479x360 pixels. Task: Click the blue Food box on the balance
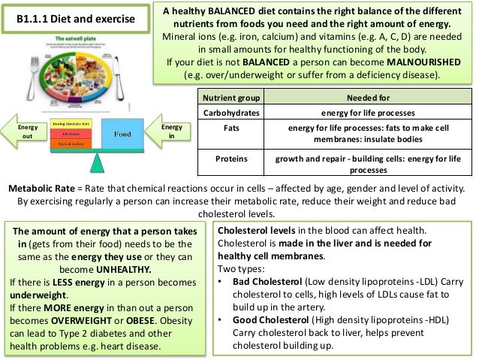coord(123,134)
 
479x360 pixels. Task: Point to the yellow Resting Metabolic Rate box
coord(70,122)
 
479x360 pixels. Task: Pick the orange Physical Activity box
coord(70,143)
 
